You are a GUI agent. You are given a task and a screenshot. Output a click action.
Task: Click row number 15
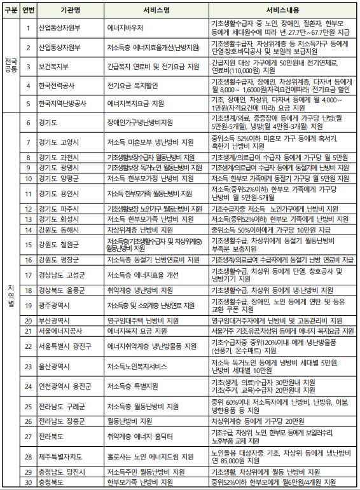point(29,245)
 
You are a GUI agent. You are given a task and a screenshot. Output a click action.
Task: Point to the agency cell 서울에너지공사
point(63,331)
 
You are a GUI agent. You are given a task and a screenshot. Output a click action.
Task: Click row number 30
point(29,482)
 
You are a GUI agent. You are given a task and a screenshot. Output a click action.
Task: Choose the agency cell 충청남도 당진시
point(65,472)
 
